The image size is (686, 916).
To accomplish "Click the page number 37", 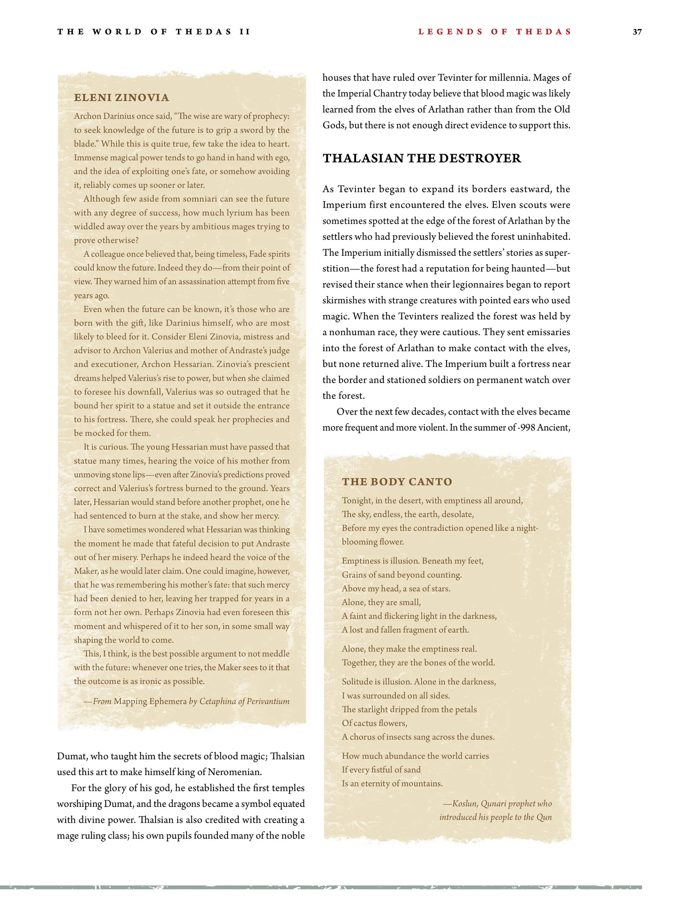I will (637, 32).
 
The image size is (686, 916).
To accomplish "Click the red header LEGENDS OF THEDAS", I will (494, 32).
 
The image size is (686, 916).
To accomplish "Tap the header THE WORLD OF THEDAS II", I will (154, 32).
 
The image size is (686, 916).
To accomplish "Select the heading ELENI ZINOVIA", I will (121, 98).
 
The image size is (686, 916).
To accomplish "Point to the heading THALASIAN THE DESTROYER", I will (422, 158).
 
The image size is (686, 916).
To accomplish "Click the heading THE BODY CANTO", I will (397, 481).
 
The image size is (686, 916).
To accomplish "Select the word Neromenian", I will (235, 772).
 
